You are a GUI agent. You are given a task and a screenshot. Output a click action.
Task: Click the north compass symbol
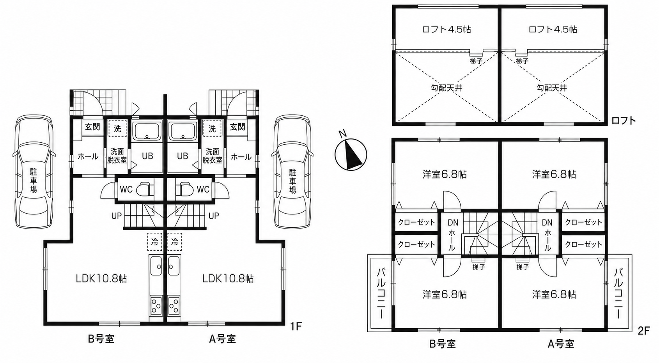pyautogui.click(x=351, y=153)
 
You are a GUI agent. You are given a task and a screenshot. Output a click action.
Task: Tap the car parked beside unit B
pyautogui.click(x=34, y=172)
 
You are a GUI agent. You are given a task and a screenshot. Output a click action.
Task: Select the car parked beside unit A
pyautogui.click(x=292, y=172)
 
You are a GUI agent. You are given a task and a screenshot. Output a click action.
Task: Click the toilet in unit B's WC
pyautogui.click(x=146, y=189)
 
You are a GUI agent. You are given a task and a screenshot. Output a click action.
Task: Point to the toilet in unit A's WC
pyautogui.click(x=184, y=189)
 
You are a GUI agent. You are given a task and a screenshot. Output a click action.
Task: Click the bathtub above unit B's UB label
pyautogui.click(x=147, y=131)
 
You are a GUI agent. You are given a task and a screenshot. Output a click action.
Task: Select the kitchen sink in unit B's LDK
pyautogui.click(x=156, y=266)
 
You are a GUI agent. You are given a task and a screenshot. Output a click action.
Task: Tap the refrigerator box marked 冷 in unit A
pyautogui.click(x=174, y=242)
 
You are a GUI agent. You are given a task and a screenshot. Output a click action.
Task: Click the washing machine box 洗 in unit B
pyautogui.click(x=117, y=129)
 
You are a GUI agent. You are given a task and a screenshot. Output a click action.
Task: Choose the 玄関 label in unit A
pyautogui.click(x=237, y=127)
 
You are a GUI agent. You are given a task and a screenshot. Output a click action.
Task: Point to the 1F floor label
pyautogui.click(x=296, y=326)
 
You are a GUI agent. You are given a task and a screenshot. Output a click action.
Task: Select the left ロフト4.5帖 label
pyautogui.click(x=446, y=29)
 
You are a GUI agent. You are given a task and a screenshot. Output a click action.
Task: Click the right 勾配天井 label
pyautogui.click(x=552, y=88)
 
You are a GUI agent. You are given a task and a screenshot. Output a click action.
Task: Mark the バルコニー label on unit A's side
pyautogui.click(x=619, y=293)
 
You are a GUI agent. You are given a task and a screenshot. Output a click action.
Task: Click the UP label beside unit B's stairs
pyautogui.click(x=117, y=216)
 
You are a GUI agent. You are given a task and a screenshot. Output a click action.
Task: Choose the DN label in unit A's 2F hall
pyautogui.click(x=547, y=223)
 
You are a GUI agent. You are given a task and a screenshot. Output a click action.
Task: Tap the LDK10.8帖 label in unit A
pyautogui.click(x=228, y=278)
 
